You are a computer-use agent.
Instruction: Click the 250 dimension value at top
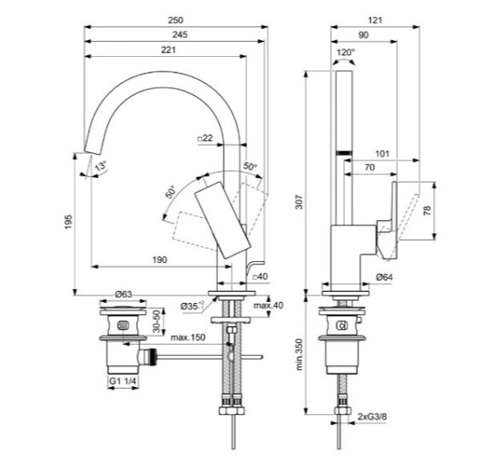click(x=175, y=20)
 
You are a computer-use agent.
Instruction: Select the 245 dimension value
click(x=180, y=35)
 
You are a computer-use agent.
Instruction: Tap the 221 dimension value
click(x=169, y=49)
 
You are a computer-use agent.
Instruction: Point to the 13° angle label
click(x=101, y=166)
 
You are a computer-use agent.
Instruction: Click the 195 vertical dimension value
click(x=68, y=222)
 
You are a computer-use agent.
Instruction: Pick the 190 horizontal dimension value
click(x=160, y=260)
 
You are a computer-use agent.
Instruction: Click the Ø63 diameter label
click(x=123, y=294)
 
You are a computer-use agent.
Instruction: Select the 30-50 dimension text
click(x=156, y=322)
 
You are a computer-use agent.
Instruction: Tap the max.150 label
click(x=187, y=338)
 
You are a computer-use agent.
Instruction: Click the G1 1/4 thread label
click(x=123, y=381)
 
